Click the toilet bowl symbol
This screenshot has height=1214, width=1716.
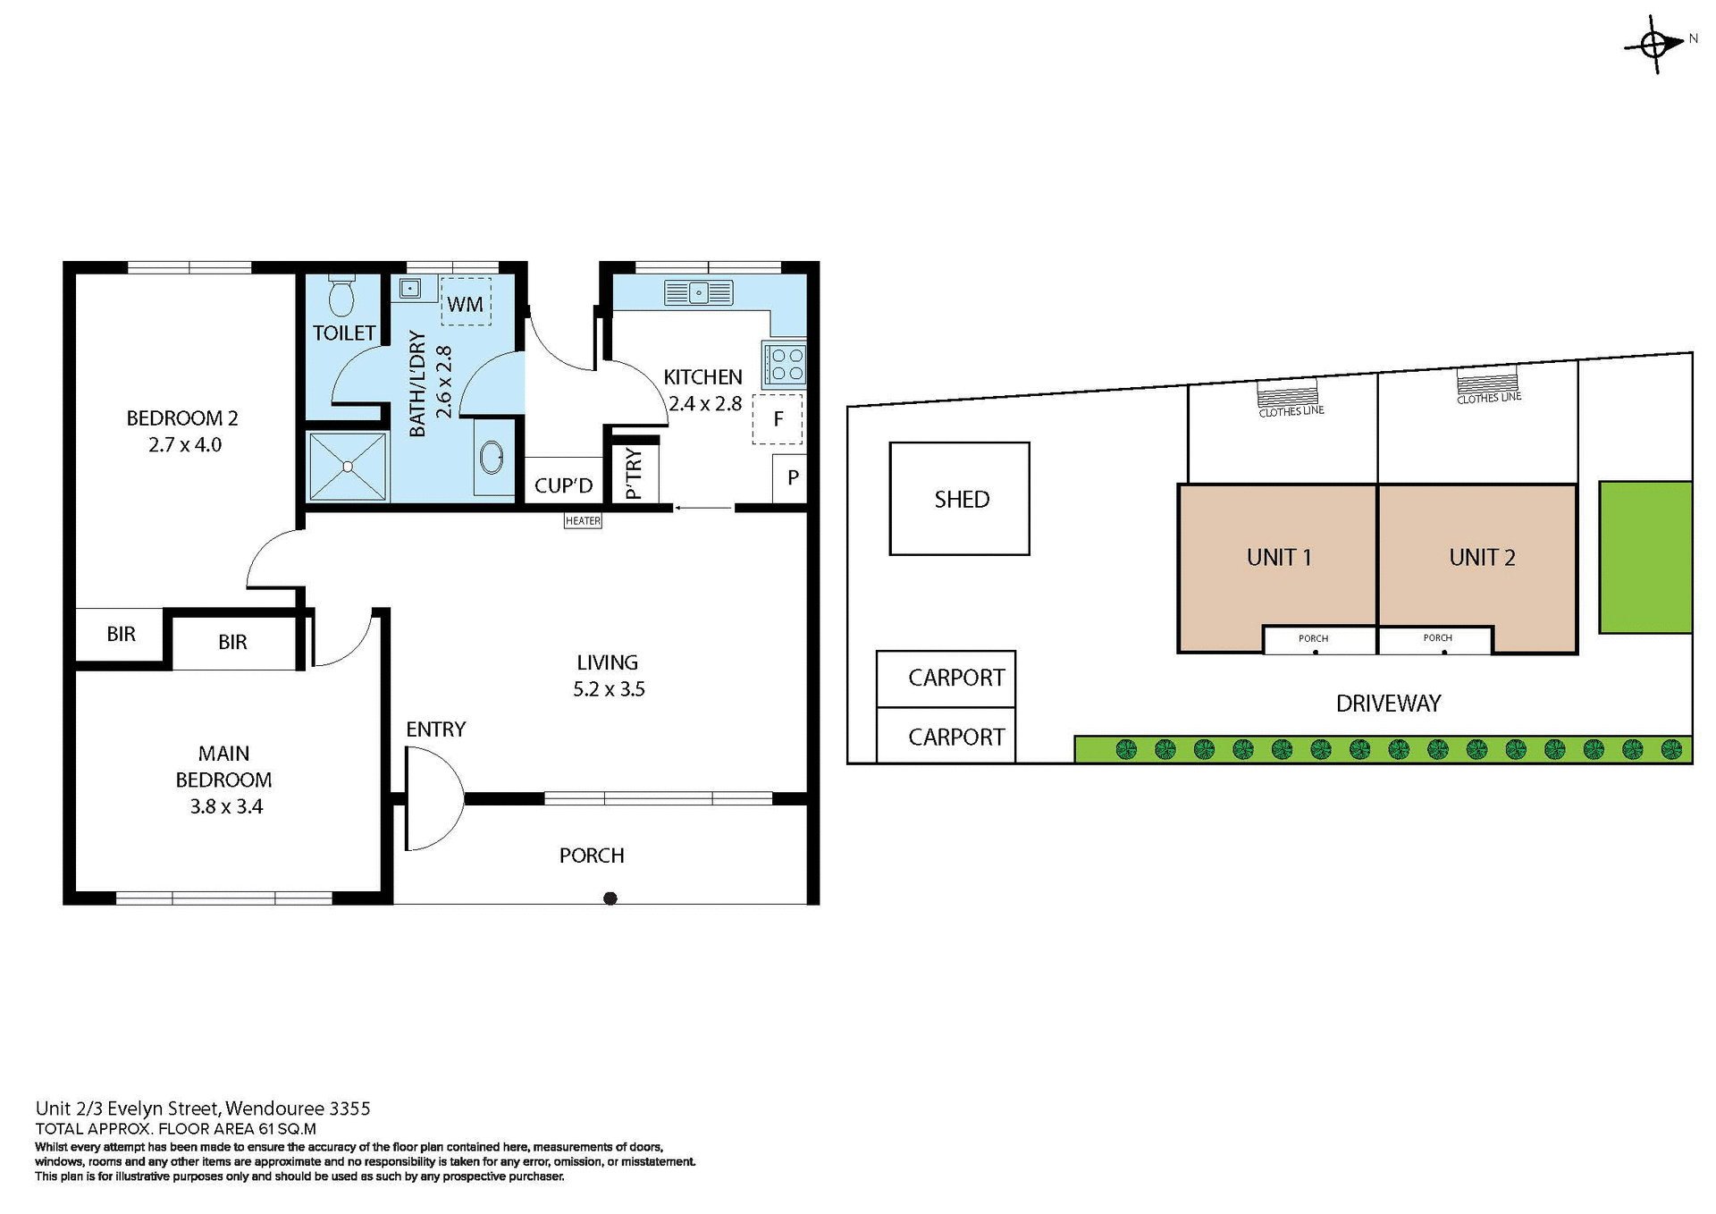coord(341,297)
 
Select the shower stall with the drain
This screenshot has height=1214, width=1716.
coord(348,467)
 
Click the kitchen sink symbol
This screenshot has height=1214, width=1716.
coord(699,292)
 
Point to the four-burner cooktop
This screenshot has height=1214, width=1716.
coord(785,364)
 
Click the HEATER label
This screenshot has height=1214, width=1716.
coord(583,521)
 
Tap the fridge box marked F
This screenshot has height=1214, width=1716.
coord(778,418)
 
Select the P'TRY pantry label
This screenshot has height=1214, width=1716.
coord(634,474)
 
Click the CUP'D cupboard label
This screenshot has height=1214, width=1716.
coord(563,485)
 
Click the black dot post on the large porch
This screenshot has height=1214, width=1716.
coord(610,898)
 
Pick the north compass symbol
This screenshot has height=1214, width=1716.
coord(1654,44)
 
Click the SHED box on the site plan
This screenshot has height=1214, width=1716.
coord(960,499)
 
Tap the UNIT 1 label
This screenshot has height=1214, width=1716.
coord(1278,558)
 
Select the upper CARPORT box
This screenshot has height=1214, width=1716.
coord(946,679)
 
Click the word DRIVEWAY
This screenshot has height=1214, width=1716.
coord(1388,704)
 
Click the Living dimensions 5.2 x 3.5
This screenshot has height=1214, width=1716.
coord(609,689)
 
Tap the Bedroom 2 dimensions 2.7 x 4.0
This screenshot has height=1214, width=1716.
coord(185,445)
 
